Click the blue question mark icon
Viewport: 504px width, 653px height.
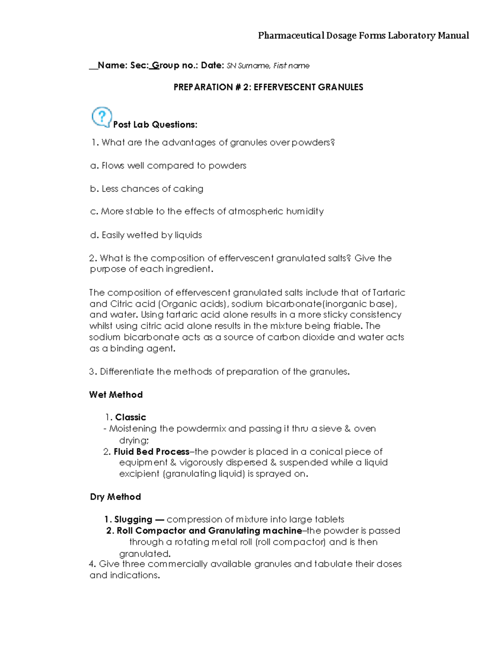click(102, 117)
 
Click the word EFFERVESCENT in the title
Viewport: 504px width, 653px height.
click(281, 87)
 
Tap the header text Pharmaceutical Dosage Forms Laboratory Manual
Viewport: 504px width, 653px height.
click(363, 35)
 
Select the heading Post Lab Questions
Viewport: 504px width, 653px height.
click(155, 125)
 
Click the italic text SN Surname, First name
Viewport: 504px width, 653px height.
click(268, 66)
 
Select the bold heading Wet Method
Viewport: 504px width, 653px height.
click(116, 395)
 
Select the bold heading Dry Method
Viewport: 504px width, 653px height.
click(115, 497)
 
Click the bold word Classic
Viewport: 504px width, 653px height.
click(130, 418)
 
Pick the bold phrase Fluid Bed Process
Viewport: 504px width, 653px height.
click(151, 452)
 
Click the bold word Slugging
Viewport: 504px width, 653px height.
click(133, 520)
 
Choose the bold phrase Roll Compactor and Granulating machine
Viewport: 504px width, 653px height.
click(209, 531)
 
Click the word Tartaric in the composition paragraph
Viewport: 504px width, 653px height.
click(389, 293)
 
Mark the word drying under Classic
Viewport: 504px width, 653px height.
click(134, 441)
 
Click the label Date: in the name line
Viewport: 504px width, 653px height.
click(213, 66)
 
